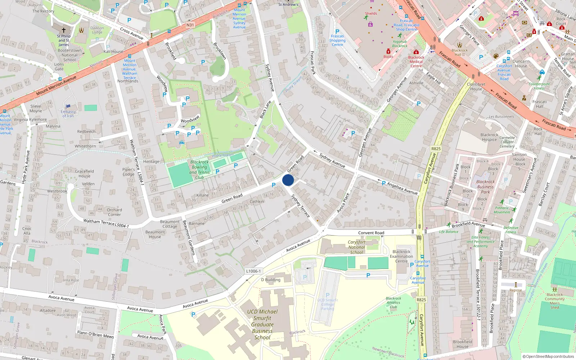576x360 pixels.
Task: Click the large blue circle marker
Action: click(x=288, y=180)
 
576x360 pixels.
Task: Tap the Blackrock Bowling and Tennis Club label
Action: click(x=199, y=170)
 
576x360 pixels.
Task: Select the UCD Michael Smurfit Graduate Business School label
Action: click(x=262, y=324)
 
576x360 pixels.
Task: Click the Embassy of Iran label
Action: click(x=68, y=114)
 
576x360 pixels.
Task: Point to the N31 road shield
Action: click(x=190, y=25)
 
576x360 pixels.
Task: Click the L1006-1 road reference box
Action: click(x=253, y=271)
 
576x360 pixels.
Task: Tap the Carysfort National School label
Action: click(x=356, y=247)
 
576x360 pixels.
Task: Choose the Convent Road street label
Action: click(x=371, y=233)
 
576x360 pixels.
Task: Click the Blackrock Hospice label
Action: click(x=489, y=137)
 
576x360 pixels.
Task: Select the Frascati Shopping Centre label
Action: click(x=337, y=40)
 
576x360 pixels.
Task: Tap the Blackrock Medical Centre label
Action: click(x=416, y=62)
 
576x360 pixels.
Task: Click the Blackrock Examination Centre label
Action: click(x=401, y=256)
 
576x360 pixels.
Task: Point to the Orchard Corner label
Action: click(x=114, y=212)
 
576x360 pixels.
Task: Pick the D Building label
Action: click(x=271, y=280)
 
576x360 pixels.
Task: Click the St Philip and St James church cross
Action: click(x=64, y=30)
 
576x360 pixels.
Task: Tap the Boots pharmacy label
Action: click(x=388, y=57)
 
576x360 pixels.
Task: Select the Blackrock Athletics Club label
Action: click(x=393, y=302)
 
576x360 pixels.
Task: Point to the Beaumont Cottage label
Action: click(x=170, y=224)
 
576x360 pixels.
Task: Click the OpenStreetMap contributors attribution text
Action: click(x=548, y=356)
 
